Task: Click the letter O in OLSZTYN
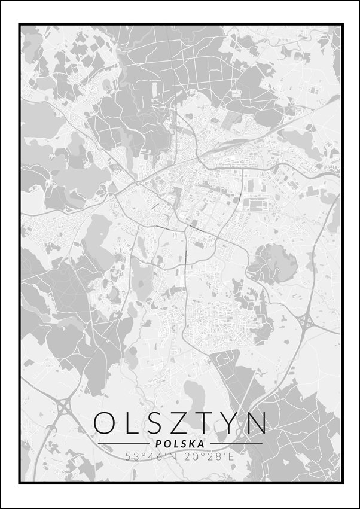pyautogui.click(x=106, y=423)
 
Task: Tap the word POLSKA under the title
pyautogui.click(x=179, y=444)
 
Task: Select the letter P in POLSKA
pyautogui.click(x=157, y=444)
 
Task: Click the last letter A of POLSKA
pyautogui.click(x=201, y=444)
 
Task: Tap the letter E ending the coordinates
pyautogui.click(x=230, y=456)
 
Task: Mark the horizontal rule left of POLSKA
pyautogui.click(x=123, y=444)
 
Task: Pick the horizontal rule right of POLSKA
pyautogui.click(x=236, y=444)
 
